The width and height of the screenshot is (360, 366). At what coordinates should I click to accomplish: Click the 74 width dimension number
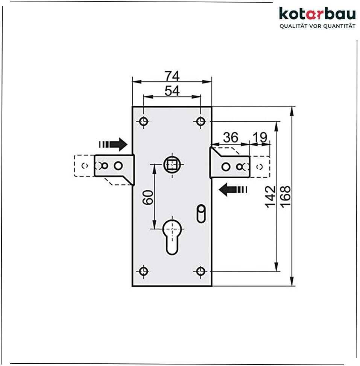172,76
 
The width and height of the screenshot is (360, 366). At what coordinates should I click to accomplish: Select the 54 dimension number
172,91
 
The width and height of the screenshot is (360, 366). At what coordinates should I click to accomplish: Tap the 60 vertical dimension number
148,197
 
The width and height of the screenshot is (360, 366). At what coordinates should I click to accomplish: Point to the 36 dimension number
231,137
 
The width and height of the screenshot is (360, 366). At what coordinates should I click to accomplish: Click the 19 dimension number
260,137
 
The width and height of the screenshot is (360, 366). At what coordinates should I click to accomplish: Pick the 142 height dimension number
270,196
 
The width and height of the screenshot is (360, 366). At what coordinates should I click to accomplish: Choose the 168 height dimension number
285,196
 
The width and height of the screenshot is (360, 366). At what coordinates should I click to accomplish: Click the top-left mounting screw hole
143,121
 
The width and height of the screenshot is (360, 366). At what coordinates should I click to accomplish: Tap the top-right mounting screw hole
201,121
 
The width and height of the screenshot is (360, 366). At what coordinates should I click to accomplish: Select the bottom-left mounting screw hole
143,271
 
